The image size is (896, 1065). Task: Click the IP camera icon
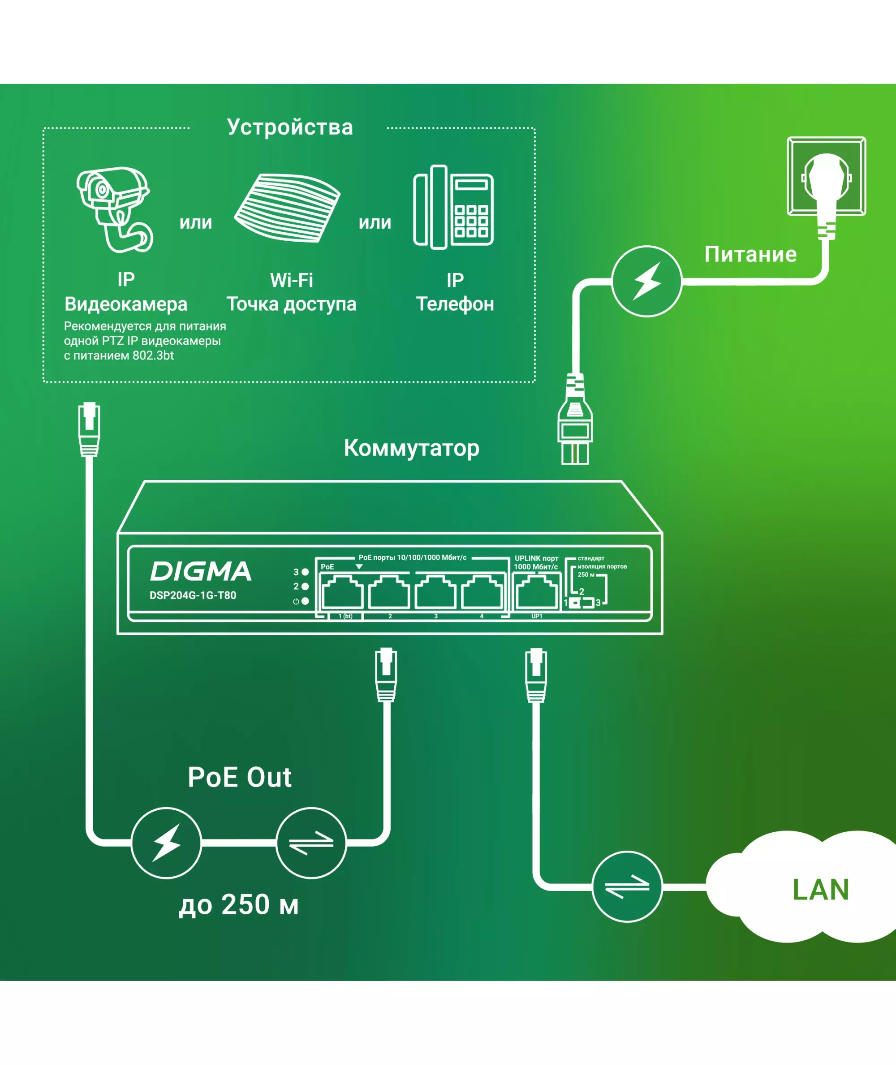tap(114, 209)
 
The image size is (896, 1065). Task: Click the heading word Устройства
tap(290, 127)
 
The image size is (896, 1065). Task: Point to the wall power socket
tap(826, 176)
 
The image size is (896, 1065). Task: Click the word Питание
tap(750, 254)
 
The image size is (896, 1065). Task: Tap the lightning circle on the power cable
tap(646, 281)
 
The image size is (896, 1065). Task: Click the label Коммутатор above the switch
tap(411, 448)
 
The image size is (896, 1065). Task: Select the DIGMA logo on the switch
tap(201, 571)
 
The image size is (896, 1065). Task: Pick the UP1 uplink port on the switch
tap(536, 592)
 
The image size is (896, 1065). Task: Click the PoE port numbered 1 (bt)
tap(343, 592)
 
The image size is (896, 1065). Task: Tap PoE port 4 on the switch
tap(482, 592)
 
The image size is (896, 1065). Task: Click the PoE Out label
tap(239, 777)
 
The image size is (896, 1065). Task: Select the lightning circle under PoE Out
tap(166, 843)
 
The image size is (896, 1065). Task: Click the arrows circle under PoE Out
tap(311, 843)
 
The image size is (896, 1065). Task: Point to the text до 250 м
tap(239, 904)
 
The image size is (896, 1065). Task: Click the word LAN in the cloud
tap(821, 890)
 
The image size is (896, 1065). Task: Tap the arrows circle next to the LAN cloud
tap(627, 887)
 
